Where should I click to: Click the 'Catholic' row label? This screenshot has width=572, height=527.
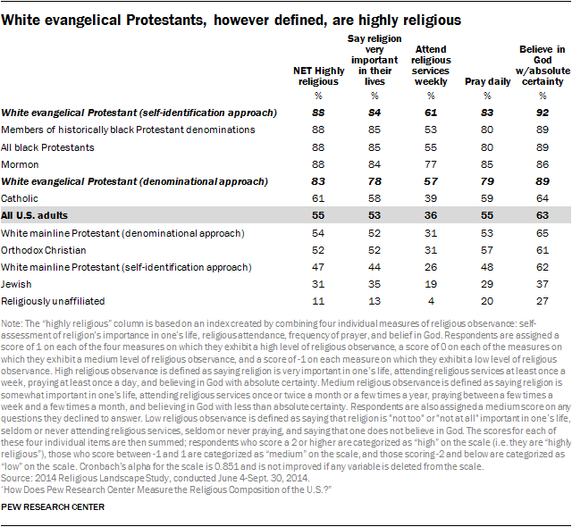point(20,198)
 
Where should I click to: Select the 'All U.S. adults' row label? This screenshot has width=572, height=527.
point(36,216)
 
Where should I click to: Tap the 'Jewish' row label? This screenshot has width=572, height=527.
point(17,285)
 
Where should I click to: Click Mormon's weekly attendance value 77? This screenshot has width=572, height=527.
point(430,164)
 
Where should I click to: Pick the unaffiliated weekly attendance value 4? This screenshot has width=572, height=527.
point(430,302)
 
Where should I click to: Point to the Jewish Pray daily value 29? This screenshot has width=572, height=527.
point(488,285)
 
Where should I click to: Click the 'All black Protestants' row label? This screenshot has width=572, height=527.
point(46,147)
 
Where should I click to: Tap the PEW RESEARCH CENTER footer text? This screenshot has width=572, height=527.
point(53,508)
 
